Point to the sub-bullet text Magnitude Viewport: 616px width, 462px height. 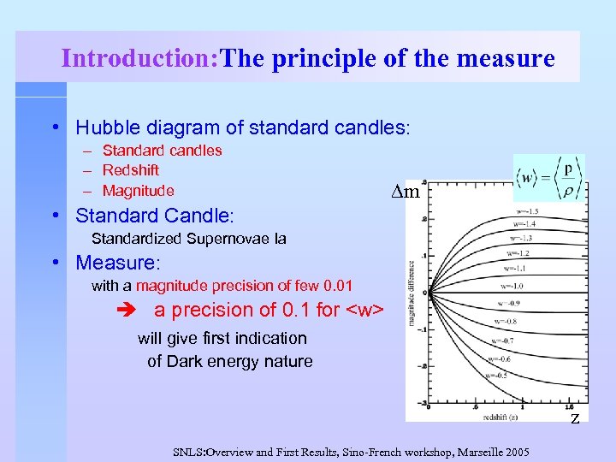click(x=138, y=191)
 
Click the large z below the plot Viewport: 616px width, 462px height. click(x=575, y=417)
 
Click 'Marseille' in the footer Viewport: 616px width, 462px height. click(x=468, y=451)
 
